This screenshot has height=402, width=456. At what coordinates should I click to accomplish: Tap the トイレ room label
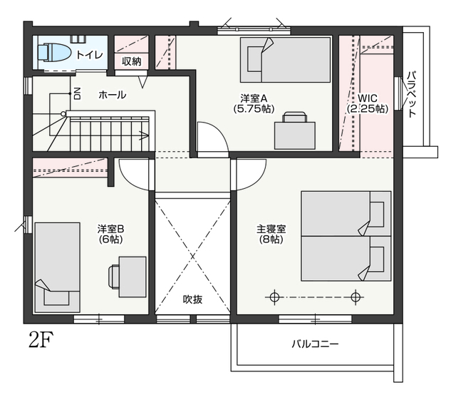click(x=90, y=54)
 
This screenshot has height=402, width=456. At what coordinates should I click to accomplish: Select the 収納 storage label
click(x=131, y=61)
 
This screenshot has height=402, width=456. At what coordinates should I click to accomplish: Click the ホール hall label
click(x=113, y=95)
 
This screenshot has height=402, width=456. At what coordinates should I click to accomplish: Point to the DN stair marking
click(x=78, y=93)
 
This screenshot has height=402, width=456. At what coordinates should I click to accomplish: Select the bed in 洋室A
click(x=285, y=60)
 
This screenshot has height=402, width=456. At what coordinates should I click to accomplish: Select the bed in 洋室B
click(x=57, y=267)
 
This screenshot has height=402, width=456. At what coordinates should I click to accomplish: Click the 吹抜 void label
click(x=192, y=299)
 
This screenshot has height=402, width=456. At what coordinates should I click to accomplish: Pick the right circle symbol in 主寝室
click(x=355, y=297)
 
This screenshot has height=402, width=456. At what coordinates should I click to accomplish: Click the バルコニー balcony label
click(x=315, y=344)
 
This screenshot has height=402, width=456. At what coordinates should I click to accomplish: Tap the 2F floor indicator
click(x=41, y=341)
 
